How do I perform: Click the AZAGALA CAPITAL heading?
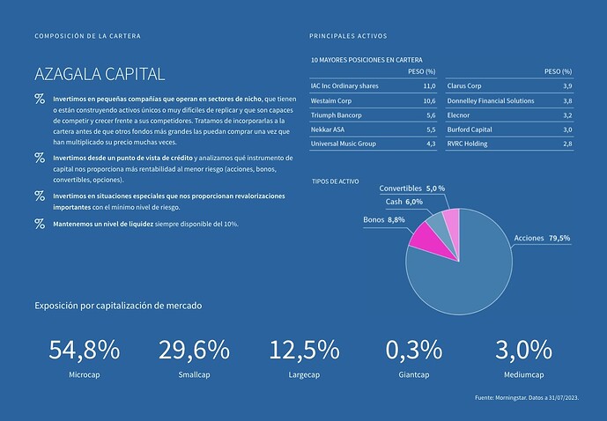tap(100, 73)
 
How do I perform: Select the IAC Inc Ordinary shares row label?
tap(344, 86)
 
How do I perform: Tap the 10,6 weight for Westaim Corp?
tap(429, 101)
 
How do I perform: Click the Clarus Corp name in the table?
tap(464, 86)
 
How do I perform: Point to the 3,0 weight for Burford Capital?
tap(567, 129)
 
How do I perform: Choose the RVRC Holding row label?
tap(467, 144)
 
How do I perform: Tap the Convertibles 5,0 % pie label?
tap(411, 188)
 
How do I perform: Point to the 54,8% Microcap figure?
tap(84, 350)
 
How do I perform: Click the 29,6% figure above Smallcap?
tap(194, 350)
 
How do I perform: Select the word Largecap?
tap(304, 374)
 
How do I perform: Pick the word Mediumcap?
tap(523, 374)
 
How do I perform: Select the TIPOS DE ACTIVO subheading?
tap(336, 181)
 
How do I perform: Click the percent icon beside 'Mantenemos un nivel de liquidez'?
tap(40, 224)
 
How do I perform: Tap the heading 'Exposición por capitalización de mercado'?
tap(118, 306)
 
